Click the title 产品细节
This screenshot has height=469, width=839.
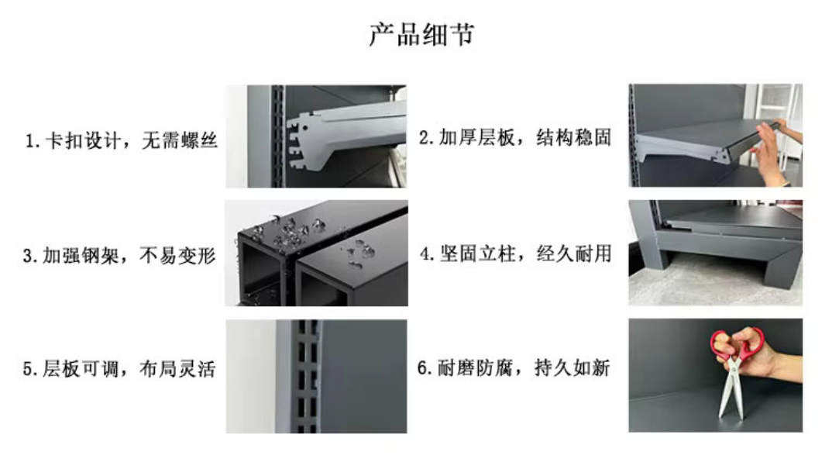click(421, 34)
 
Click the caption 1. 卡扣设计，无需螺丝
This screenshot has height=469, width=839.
click(121, 141)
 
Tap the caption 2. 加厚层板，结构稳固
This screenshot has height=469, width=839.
click(514, 137)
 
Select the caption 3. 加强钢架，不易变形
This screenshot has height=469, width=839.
click(119, 256)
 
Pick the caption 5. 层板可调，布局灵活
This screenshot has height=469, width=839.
click(119, 369)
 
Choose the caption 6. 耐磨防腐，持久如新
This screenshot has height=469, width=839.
click(514, 367)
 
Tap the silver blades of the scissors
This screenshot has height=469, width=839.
click(731, 388)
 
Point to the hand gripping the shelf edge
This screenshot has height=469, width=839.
click(774, 152)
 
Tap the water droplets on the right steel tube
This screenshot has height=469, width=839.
click(359, 252)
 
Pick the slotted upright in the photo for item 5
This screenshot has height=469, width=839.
click(307, 377)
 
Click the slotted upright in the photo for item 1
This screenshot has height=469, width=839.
click(277, 136)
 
